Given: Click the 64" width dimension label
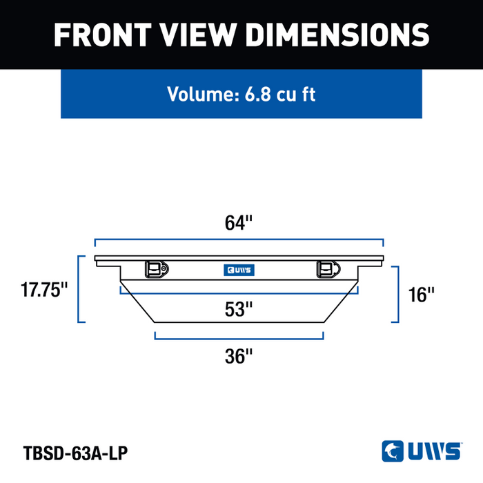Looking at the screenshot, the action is click(x=239, y=223).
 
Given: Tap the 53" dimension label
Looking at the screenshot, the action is click(x=239, y=309).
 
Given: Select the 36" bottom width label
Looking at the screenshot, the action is click(x=239, y=356).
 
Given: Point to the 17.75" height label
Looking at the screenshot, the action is click(x=43, y=290).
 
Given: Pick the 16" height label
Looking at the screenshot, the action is click(x=421, y=295).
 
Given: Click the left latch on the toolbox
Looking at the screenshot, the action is click(x=157, y=269).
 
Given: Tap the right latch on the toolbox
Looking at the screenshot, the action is click(x=328, y=269).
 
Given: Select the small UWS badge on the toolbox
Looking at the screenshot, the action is click(x=239, y=270).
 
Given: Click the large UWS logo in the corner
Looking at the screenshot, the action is click(x=422, y=451).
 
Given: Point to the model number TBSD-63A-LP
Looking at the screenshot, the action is click(x=75, y=453).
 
